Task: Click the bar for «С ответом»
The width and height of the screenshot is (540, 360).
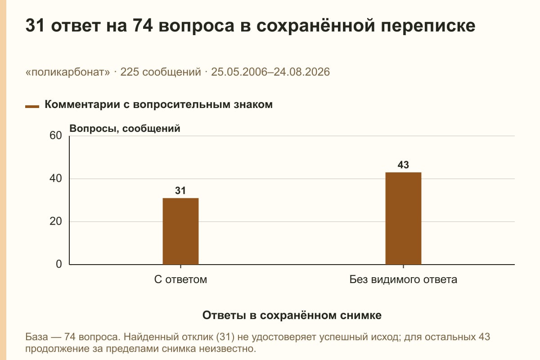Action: tap(180, 231)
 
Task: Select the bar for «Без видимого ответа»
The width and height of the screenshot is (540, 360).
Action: tap(403, 218)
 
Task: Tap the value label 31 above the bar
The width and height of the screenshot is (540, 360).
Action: tap(180, 191)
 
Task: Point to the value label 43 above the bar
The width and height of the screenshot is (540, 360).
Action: tap(403, 165)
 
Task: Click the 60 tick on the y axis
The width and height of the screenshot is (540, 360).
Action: tap(56, 135)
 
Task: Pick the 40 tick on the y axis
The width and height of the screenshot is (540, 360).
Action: tap(56, 179)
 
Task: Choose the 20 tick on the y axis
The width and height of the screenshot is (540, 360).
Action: tap(56, 221)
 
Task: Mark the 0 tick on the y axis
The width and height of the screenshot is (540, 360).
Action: tap(59, 264)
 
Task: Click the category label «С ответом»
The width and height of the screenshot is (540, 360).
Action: tap(180, 280)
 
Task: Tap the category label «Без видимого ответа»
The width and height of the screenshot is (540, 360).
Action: tap(403, 280)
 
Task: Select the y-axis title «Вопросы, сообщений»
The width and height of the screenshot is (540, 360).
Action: tap(125, 129)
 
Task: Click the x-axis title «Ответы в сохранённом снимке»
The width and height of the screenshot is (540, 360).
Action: tap(292, 315)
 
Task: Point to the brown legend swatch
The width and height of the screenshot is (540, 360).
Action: tap(32, 106)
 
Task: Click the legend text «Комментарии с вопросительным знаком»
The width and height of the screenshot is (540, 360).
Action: tap(158, 105)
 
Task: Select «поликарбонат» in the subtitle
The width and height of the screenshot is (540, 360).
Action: tap(68, 72)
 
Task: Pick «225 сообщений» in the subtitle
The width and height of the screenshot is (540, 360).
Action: tap(161, 72)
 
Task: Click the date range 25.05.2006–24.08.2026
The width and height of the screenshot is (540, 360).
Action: tap(270, 72)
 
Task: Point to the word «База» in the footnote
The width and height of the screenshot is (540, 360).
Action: tap(36, 337)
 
